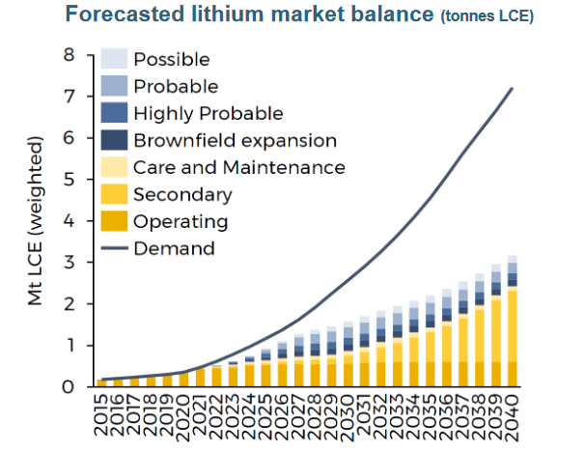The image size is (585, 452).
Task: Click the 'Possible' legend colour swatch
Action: pyautogui.click(x=114, y=59)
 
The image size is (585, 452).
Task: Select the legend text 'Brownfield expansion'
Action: pyautogui.click(x=235, y=140)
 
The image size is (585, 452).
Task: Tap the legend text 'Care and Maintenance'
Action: pyautogui.click(x=238, y=167)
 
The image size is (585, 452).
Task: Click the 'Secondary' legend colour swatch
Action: pyautogui.click(x=114, y=194)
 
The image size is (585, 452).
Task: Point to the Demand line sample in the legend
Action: pyautogui.click(x=114, y=249)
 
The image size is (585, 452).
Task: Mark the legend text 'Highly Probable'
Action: pyautogui.click(x=209, y=113)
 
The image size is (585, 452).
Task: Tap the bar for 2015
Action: pyautogui.click(x=102, y=382)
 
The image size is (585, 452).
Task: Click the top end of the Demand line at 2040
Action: pyautogui.click(x=512, y=88)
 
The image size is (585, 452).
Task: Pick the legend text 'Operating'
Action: pyautogui.click(x=181, y=221)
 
